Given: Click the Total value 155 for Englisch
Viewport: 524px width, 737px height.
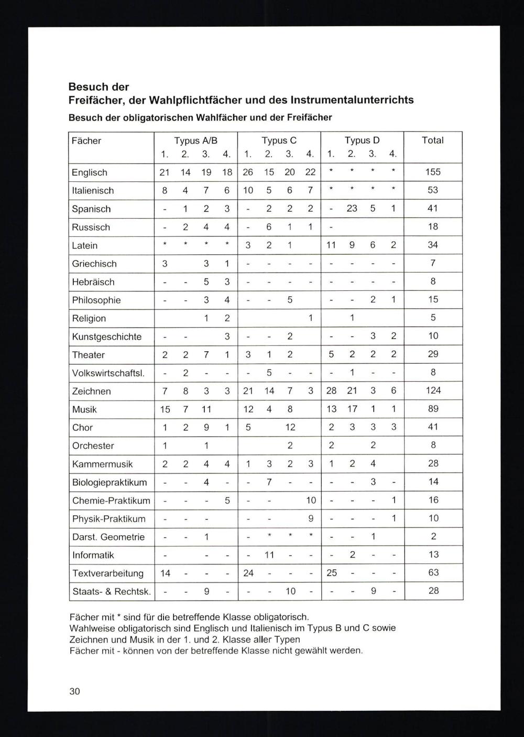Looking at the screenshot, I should click(x=433, y=172).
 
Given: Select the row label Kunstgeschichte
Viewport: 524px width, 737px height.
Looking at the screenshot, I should click(x=107, y=337).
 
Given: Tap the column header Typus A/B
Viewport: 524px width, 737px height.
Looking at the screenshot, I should click(x=195, y=140).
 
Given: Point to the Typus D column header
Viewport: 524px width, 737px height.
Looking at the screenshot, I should click(x=362, y=140).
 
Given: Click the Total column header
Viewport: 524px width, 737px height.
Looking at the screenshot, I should click(x=433, y=140).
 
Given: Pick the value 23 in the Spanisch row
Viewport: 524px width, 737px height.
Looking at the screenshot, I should click(x=352, y=208).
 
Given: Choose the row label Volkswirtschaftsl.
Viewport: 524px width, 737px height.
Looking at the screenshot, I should click(x=108, y=373).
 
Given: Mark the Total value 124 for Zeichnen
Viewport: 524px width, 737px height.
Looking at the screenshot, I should click(x=433, y=391).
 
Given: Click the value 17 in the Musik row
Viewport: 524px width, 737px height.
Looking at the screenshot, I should click(x=352, y=409).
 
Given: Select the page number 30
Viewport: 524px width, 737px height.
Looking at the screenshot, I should click(x=74, y=691).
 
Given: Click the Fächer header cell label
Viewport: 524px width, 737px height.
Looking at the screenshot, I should click(x=86, y=140).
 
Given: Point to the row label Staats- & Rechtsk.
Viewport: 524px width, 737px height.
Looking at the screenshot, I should click(x=111, y=591).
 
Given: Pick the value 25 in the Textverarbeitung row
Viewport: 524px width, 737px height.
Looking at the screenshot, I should click(x=332, y=573).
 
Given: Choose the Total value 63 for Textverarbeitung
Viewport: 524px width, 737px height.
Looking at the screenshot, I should click(x=433, y=573).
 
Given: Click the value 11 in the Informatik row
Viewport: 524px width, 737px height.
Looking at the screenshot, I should click(x=269, y=555).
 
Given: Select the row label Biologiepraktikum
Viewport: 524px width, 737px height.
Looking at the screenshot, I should click(x=110, y=482).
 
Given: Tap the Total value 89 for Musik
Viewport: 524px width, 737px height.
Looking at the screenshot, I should click(x=433, y=409).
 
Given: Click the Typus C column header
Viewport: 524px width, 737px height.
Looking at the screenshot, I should click(x=279, y=140).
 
